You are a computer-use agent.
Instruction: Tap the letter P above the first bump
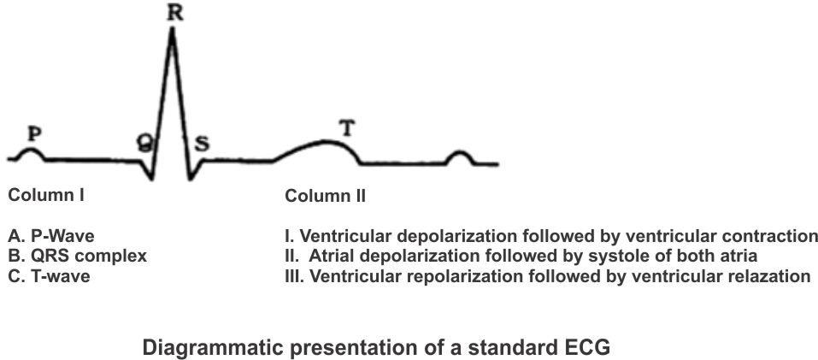(35, 133)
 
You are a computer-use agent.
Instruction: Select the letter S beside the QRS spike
(203, 143)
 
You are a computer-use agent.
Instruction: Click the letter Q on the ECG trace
(145, 145)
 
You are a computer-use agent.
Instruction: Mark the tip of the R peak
(173, 29)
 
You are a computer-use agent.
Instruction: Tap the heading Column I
(46, 195)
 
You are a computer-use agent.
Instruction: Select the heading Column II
(325, 196)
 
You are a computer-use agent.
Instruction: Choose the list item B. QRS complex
(77, 256)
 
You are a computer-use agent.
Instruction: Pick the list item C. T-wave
(50, 275)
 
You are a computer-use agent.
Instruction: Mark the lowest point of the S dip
(191, 179)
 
